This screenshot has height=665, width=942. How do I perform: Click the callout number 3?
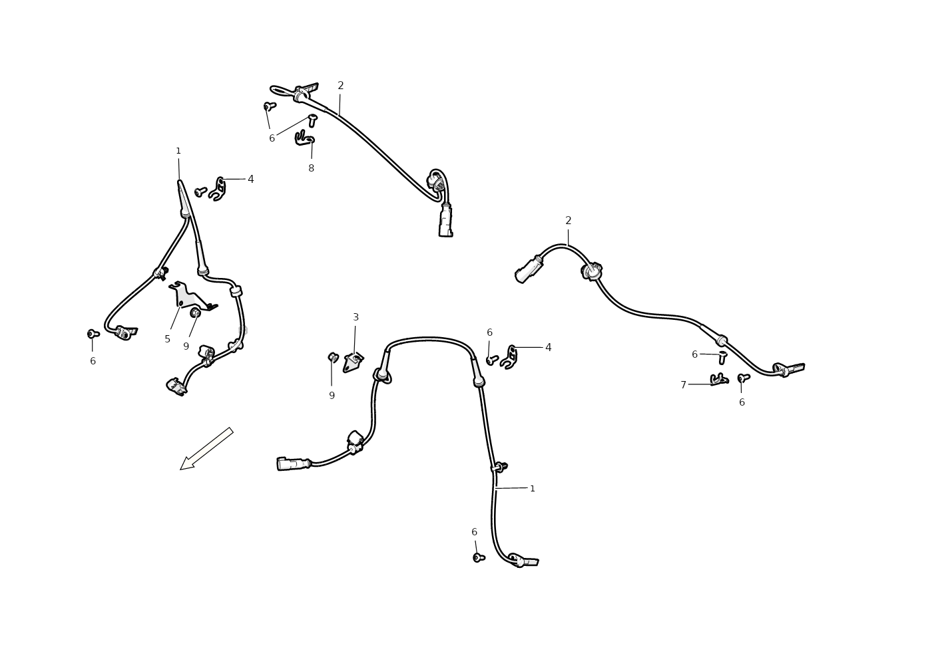coord(355,317)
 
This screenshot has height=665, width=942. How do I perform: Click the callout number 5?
coord(167,339)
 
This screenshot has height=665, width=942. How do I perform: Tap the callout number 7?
coord(684,385)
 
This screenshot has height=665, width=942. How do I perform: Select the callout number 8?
coord(311,168)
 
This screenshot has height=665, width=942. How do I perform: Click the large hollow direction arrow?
coord(206,448)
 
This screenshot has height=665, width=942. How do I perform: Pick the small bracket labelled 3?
coord(353,362)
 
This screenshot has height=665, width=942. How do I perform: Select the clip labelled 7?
coord(719,379)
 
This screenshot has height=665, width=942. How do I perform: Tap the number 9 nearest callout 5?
coord(186,346)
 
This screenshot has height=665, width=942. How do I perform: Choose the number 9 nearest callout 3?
coord(332,396)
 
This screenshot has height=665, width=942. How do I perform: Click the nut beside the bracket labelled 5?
coord(195,313)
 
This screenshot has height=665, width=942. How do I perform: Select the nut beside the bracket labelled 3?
coord(333,358)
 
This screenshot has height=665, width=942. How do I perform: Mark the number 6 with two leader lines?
coord(272,138)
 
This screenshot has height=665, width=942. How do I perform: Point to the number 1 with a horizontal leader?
coord(533,489)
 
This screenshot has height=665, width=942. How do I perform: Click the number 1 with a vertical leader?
coord(178,151)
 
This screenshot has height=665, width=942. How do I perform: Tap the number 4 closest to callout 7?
coord(548,348)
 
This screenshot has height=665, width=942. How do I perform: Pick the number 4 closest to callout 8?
coord(250,180)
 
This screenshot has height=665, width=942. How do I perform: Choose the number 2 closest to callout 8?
coord(341,86)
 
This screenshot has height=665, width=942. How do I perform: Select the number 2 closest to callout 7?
coord(568,221)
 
